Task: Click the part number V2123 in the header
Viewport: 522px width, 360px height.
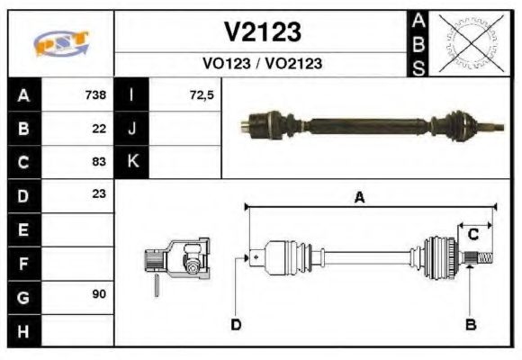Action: coord(262,32)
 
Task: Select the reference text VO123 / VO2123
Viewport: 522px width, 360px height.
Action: coord(262,64)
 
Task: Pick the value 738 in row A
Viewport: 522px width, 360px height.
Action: coord(95,94)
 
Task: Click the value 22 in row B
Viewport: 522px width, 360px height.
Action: coord(99,128)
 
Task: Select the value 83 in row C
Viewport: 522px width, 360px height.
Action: coord(99,162)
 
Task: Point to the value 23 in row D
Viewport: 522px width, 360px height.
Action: coord(99,194)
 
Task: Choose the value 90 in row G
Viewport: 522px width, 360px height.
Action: coord(99,295)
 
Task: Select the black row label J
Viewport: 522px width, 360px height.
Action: coord(132,128)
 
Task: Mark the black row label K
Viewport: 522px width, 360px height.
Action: coord(132,162)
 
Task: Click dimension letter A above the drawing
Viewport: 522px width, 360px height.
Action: coord(359,199)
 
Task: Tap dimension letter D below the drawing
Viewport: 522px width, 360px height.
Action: coord(236,324)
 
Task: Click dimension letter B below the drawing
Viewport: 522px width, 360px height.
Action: coord(470,324)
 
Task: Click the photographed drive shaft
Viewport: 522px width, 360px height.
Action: coord(369,124)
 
